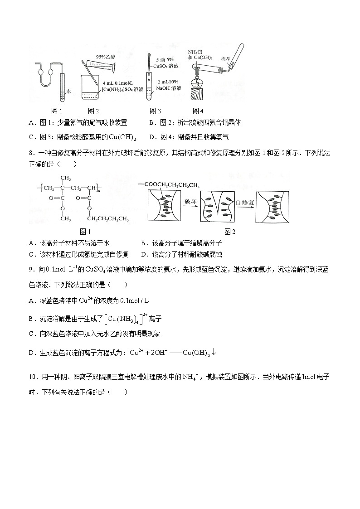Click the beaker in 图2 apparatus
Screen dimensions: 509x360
pyautogui.click(x=91, y=88)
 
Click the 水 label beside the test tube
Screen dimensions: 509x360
pyautogui.click(x=69, y=91)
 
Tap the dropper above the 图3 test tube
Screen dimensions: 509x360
pyautogui.click(x=149, y=61)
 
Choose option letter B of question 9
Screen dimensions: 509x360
pyautogui.click(x=31, y=319)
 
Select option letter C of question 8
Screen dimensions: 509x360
pyautogui.click(x=31, y=254)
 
